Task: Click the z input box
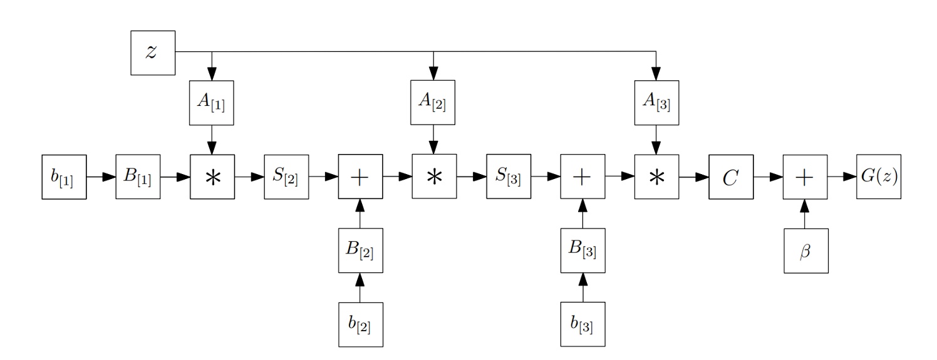pyautogui.click(x=152, y=51)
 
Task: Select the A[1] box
pyautogui.click(x=212, y=103)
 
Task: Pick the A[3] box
pyautogui.click(x=656, y=103)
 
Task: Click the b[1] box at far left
pyautogui.click(x=63, y=177)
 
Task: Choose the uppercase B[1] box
pyautogui.click(x=138, y=177)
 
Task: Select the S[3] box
pyautogui.click(x=508, y=177)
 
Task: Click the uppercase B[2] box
pyautogui.click(x=360, y=250)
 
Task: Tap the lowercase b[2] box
pyautogui.click(x=360, y=324)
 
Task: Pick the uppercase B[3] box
pyautogui.click(x=582, y=250)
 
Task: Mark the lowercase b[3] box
pyautogui.click(x=582, y=324)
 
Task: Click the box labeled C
pyautogui.click(x=730, y=177)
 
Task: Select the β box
pyautogui.click(x=805, y=250)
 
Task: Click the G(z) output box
pyautogui.click(x=879, y=177)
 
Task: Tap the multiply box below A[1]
pyautogui.click(x=212, y=177)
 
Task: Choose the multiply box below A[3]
pyautogui.click(x=656, y=177)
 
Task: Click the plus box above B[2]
pyautogui.click(x=360, y=177)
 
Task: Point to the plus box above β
pyautogui.click(x=805, y=177)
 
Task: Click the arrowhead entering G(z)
pyautogui.click(x=851, y=177)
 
